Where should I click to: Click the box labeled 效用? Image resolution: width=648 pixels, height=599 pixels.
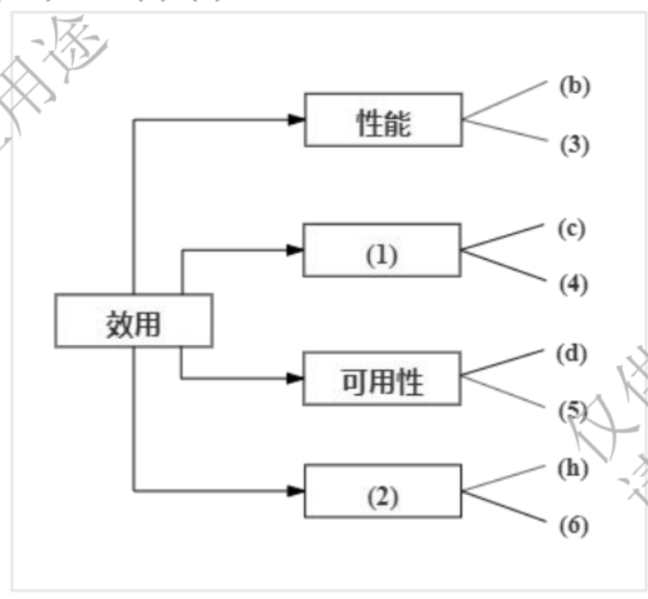click(x=133, y=321)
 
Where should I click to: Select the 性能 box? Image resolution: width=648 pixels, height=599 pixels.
click(x=383, y=120)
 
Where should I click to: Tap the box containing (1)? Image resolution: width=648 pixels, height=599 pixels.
click(x=382, y=250)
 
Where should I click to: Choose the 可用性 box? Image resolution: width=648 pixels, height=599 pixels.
click(x=383, y=379)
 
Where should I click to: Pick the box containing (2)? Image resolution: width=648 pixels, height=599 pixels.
click(x=382, y=491)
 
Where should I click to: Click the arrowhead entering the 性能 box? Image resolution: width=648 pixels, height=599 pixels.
click(x=295, y=120)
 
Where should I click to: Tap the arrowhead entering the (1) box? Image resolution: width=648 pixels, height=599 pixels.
click(x=295, y=250)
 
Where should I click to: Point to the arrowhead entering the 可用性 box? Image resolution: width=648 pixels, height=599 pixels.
click(x=295, y=379)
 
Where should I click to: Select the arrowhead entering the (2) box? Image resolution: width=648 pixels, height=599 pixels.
click(x=295, y=491)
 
